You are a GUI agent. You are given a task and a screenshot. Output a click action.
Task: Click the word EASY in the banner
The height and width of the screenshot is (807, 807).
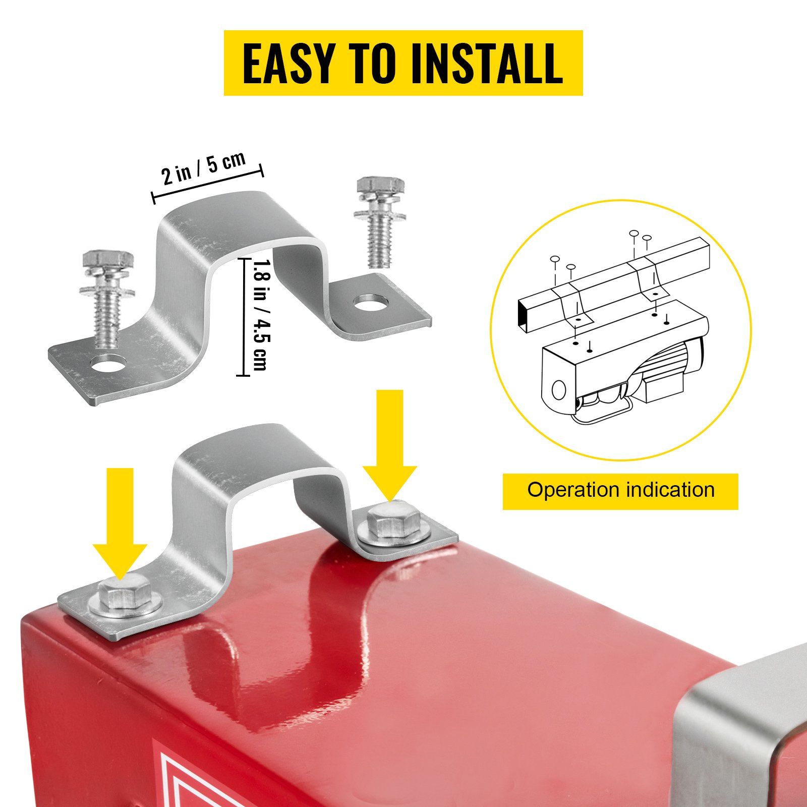[289, 63]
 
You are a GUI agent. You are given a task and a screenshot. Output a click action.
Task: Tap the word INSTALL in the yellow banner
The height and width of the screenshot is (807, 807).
[487, 63]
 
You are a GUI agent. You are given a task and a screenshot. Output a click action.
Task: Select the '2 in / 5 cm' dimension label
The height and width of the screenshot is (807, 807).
[204, 168]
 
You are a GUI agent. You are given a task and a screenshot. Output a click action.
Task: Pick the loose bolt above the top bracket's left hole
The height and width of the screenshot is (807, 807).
[107, 298]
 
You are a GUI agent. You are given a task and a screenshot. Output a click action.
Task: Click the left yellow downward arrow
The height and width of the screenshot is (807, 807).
[120, 524]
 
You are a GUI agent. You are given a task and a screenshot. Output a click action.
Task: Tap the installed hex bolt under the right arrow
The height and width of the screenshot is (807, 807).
[394, 524]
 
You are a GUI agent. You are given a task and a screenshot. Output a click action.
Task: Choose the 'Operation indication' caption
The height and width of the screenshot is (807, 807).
[621, 490]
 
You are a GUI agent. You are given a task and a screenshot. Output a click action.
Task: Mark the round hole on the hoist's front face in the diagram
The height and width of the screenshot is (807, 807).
[558, 390]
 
